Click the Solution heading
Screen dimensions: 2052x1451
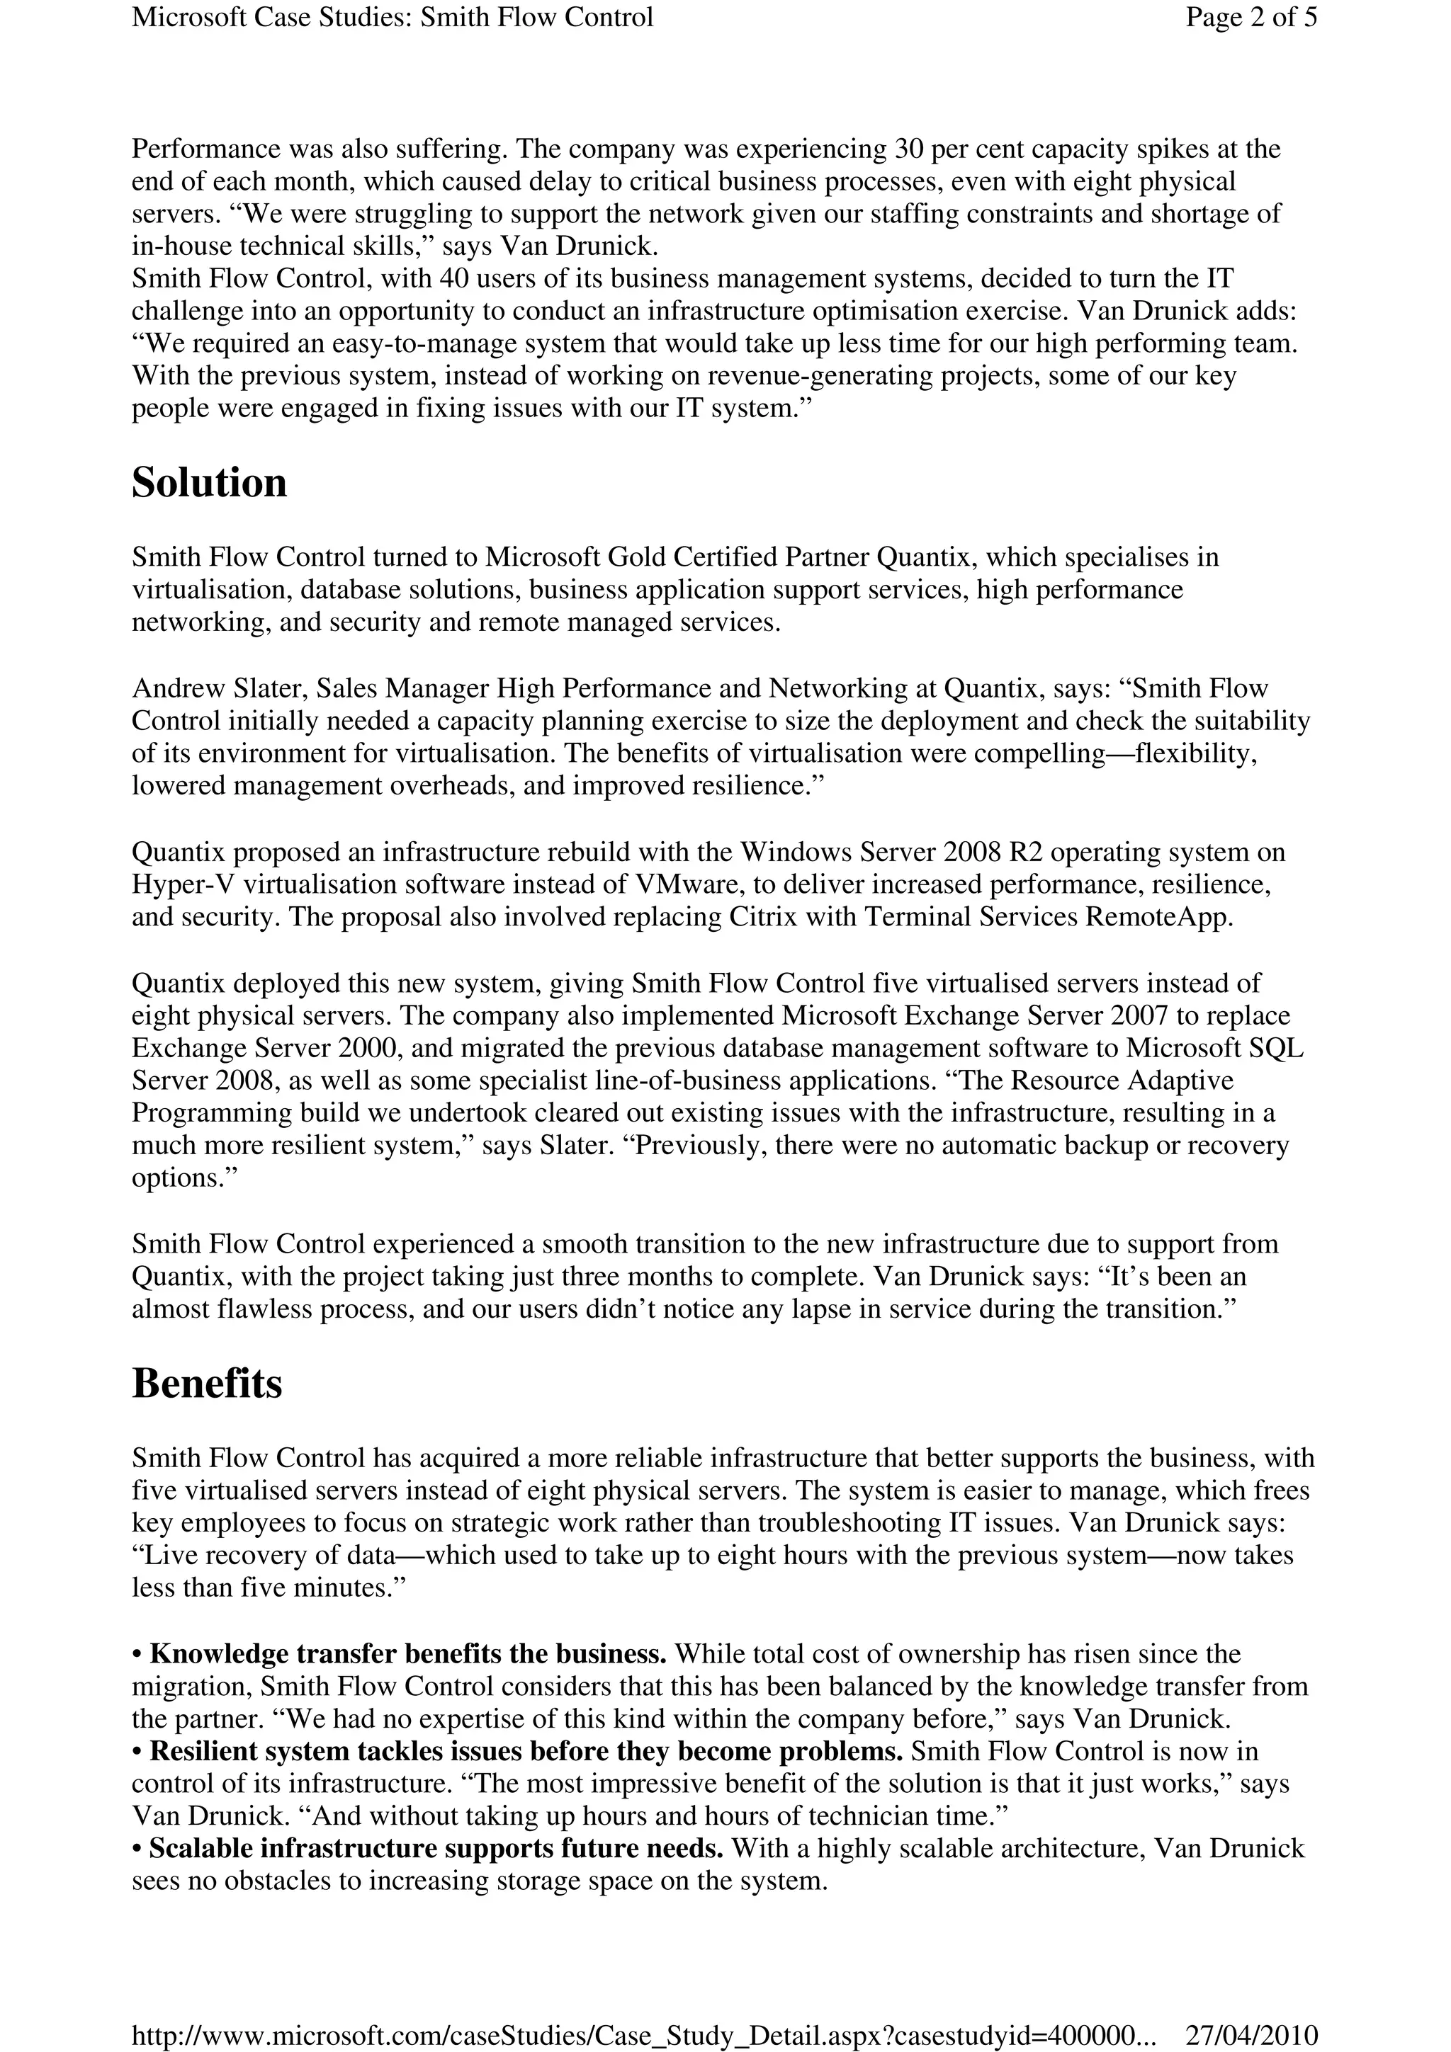click(209, 483)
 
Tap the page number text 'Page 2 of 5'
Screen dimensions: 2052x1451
click(1250, 17)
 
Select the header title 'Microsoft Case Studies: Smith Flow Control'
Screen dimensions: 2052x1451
click(393, 17)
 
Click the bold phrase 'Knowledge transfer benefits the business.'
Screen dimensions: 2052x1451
click(407, 1654)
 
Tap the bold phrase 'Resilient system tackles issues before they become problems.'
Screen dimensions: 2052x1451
click(526, 1752)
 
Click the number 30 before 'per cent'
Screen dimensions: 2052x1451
click(908, 149)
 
